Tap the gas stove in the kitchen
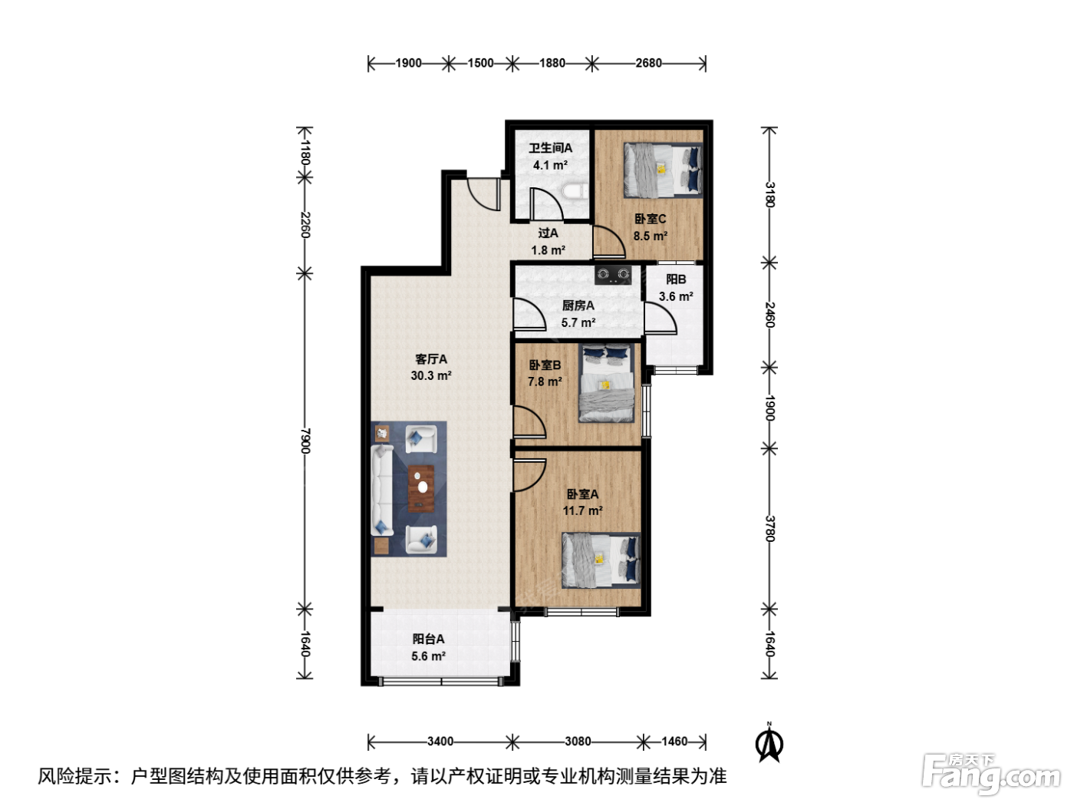613,275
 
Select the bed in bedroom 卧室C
663,170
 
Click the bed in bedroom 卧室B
607,383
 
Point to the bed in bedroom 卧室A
601,560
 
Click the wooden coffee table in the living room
421,488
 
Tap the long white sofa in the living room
381,490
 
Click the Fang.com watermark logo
991,773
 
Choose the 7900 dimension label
305,441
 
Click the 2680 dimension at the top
648,63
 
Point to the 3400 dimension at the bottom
440,742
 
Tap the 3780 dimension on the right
769,529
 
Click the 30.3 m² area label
431,375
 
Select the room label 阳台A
428,639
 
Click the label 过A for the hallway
548,233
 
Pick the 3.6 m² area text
676,296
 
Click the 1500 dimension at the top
480,63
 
